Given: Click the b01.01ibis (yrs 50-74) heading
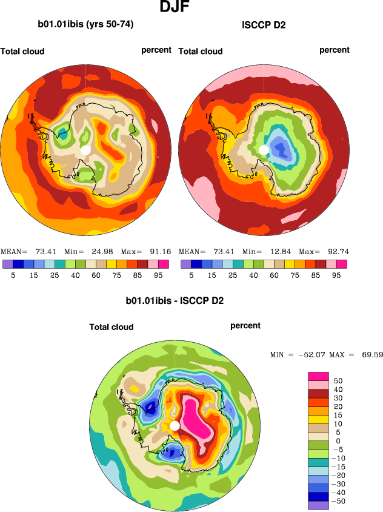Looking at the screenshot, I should point(85,25).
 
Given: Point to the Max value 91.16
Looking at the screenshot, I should point(158,251).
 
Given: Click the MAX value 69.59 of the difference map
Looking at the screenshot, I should point(371,354).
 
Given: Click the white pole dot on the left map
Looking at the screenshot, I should point(85,149).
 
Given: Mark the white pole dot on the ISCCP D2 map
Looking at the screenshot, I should point(264,149).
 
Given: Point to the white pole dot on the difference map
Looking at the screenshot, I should point(175,425).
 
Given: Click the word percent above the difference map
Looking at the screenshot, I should point(245,326).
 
